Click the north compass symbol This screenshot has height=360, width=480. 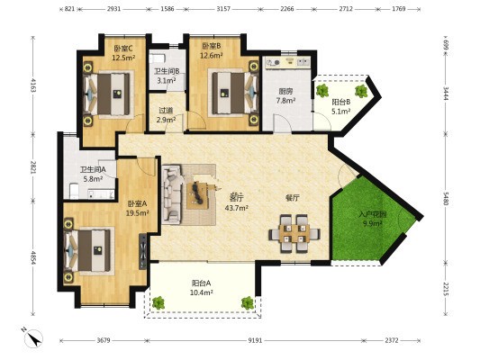pyautogui.click(x=33, y=338)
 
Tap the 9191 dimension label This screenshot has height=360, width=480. pyautogui.click(x=255, y=340)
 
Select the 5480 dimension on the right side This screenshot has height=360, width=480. pyautogui.click(x=446, y=199)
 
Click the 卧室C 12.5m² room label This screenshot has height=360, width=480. pyautogui.click(x=123, y=52)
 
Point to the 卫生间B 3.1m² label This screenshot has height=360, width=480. pyautogui.click(x=167, y=76)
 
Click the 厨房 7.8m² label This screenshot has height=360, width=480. pyautogui.click(x=285, y=95)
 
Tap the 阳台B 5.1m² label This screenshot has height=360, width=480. pyautogui.click(x=341, y=107)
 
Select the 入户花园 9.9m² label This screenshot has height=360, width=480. pyautogui.click(x=372, y=219)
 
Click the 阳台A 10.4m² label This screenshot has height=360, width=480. pyautogui.click(x=201, y=288)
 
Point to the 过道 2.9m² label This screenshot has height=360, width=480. pyautogui.click(x=166, y=115)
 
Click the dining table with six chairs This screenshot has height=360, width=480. pyautogui.click(x=294, y=234)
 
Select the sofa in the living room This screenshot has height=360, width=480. pyautogui.click(x=173, y=193)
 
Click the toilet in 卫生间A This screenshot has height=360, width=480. pyautogui.click(x=74, y=192)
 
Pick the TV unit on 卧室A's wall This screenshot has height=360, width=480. pyautogui.click(x=143, y=251)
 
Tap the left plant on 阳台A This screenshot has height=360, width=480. pyautogui.click(x=158, y=302)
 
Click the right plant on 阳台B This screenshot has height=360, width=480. pyautogui.click(x=361, y=91)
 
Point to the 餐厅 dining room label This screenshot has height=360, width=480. pyautogui.click(x=293, y=198)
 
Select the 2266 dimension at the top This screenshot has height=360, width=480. pyautogui.click(x=287, y=9)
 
